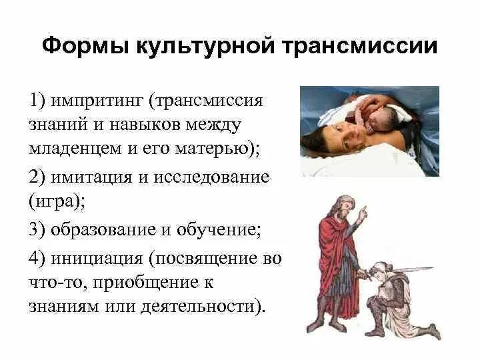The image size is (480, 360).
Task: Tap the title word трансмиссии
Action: coord(359,47)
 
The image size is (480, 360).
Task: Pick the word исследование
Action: coord(214,178)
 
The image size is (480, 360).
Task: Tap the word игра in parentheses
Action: coord(58,202)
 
